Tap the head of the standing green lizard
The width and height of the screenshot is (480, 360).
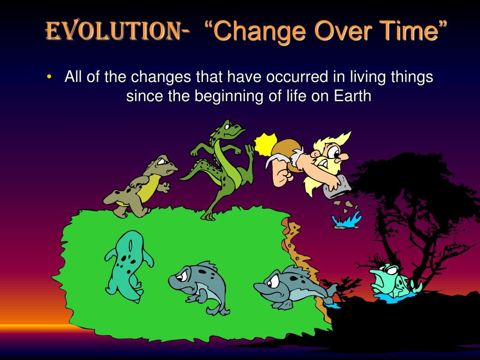[x=230, y=129]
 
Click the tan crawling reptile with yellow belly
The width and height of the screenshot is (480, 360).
[x=141, y=185]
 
